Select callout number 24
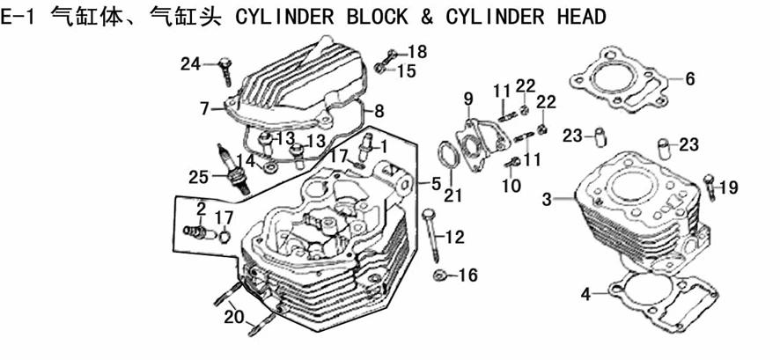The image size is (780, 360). point(191,63)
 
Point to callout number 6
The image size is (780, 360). point(689,78)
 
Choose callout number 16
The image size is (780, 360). point(467,276)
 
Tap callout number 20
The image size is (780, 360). point(232,318)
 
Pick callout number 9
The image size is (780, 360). point(468,97)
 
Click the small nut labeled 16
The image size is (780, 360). point(439,276)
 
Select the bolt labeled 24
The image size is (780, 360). point(224,67)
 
